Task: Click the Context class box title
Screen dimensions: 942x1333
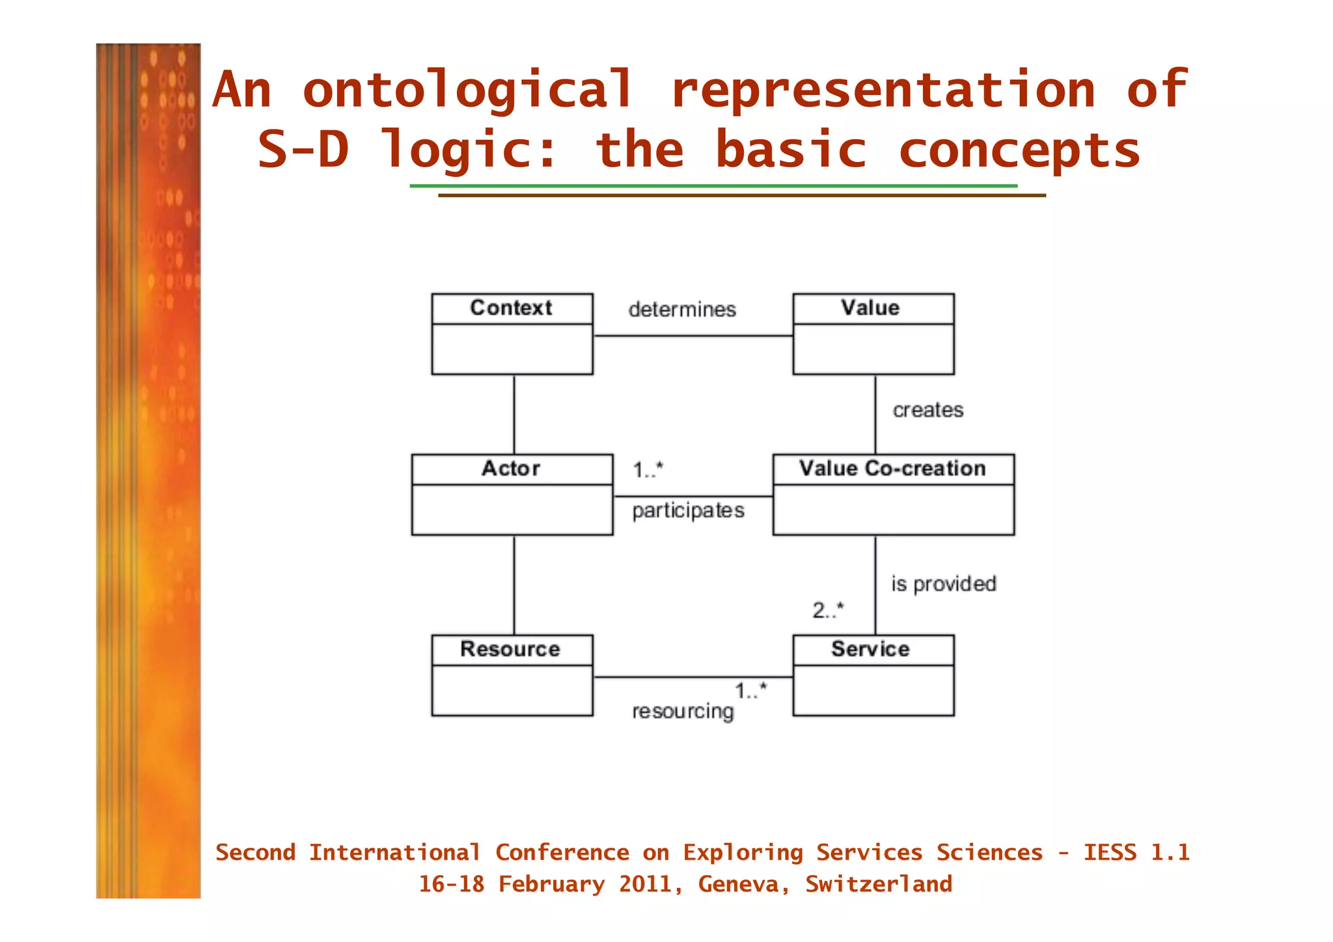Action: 511,308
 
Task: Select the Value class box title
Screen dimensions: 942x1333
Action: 870,308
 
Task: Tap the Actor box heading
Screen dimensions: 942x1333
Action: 511,469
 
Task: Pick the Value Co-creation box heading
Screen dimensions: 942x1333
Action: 892,469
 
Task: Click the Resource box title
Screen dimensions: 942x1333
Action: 510,649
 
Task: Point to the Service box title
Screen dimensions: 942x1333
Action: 870,649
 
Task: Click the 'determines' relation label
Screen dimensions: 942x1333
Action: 682,310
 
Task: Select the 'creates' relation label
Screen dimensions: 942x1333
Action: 928,410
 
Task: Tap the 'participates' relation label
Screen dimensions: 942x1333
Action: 688,510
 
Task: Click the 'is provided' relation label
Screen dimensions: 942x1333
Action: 943,584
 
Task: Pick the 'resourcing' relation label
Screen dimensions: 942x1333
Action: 683,712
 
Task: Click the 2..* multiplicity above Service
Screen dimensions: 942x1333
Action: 827,611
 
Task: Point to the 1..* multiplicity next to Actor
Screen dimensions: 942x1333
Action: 648,469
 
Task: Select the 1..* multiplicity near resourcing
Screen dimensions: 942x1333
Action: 750,691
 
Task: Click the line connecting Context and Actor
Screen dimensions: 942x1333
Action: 514,414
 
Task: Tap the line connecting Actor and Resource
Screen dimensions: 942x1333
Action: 514,585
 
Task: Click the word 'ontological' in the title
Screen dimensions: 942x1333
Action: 467,90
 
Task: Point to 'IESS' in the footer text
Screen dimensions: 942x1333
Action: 1109,853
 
